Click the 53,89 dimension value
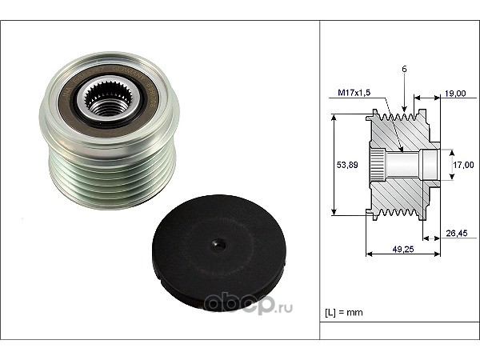(x=347, y=165)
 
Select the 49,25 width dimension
(x=403, y=249)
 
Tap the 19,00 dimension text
(x=455, y=94)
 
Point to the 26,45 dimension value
(x=457, y=234)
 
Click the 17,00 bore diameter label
(x=463, y=165)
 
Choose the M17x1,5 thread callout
(x=354, y=93)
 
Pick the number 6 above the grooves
(x=404, y=69)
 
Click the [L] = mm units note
(x=344, y=313)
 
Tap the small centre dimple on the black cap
(x=219, y=245)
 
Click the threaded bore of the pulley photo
(x=107, y=106)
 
